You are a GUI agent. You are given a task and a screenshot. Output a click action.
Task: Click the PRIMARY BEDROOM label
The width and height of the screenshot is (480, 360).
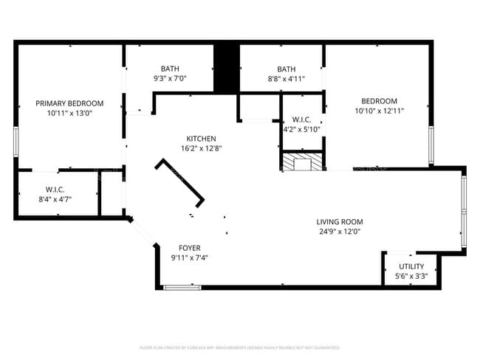point(70,103)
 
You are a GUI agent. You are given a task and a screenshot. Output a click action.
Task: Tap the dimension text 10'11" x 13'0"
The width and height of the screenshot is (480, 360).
point(70,113)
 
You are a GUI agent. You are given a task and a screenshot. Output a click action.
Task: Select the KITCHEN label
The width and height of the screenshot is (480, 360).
point(201,139)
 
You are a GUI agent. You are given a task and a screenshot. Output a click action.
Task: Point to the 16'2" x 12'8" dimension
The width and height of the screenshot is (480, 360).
point(201,148)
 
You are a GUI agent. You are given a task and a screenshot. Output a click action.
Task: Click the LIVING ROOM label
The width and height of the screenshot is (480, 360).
point(340,222)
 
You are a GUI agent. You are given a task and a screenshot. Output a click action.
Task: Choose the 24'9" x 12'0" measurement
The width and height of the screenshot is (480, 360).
point(340,232)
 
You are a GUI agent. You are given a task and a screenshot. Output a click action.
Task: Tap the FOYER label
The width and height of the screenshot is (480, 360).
point(190,248)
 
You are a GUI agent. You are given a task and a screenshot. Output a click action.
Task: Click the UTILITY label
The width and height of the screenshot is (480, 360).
point(411,266)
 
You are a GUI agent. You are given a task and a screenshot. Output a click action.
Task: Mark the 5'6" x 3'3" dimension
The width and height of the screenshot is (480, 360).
point(411,276)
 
